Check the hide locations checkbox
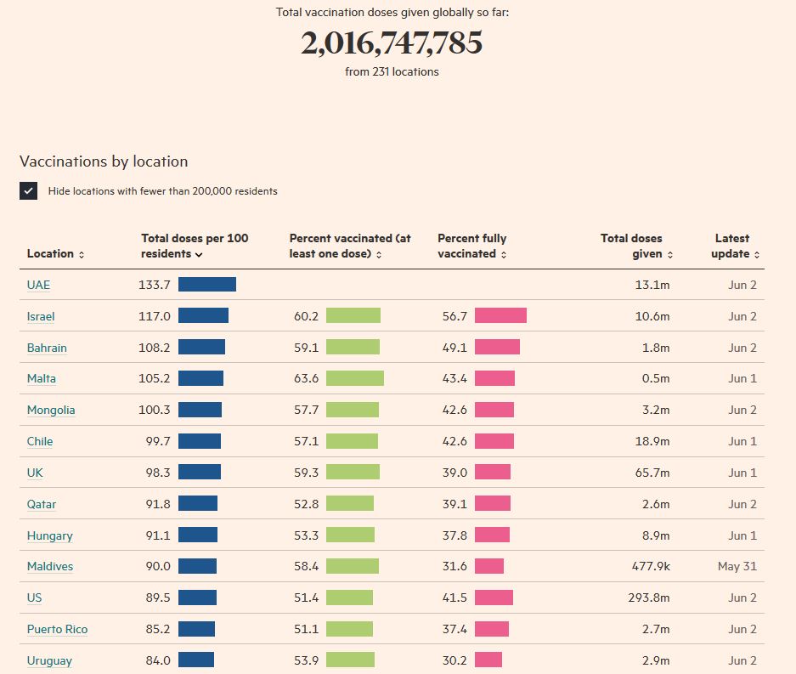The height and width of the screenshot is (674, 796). [x=29, y=191]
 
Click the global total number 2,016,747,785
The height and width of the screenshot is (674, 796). [x=392, y=42]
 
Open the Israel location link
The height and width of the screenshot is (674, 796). [x=41, y=316]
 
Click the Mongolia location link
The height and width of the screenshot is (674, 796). [x=51, y=410]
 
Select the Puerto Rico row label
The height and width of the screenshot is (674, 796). [x=57, y=629]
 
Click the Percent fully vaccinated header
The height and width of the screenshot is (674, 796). [x=472, y=246]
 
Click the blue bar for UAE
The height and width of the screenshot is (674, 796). [x=207, y=285]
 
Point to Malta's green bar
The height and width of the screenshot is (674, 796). [x=355, y=378]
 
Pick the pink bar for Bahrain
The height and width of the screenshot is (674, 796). [x=497, y=348]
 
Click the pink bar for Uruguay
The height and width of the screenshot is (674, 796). [x=488, y=660]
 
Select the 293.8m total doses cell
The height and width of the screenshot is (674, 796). [x=650, y=598]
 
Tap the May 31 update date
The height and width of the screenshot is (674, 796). [x=737, y=566]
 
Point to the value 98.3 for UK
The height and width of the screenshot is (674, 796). [x=157, y=473]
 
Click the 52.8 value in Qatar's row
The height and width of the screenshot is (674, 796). [x=306, y=504]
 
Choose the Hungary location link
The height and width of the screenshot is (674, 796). [x=49, y=535]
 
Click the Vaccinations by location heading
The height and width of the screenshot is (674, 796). [x=104, y=161]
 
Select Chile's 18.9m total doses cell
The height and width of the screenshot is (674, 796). [x=652, y=441]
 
